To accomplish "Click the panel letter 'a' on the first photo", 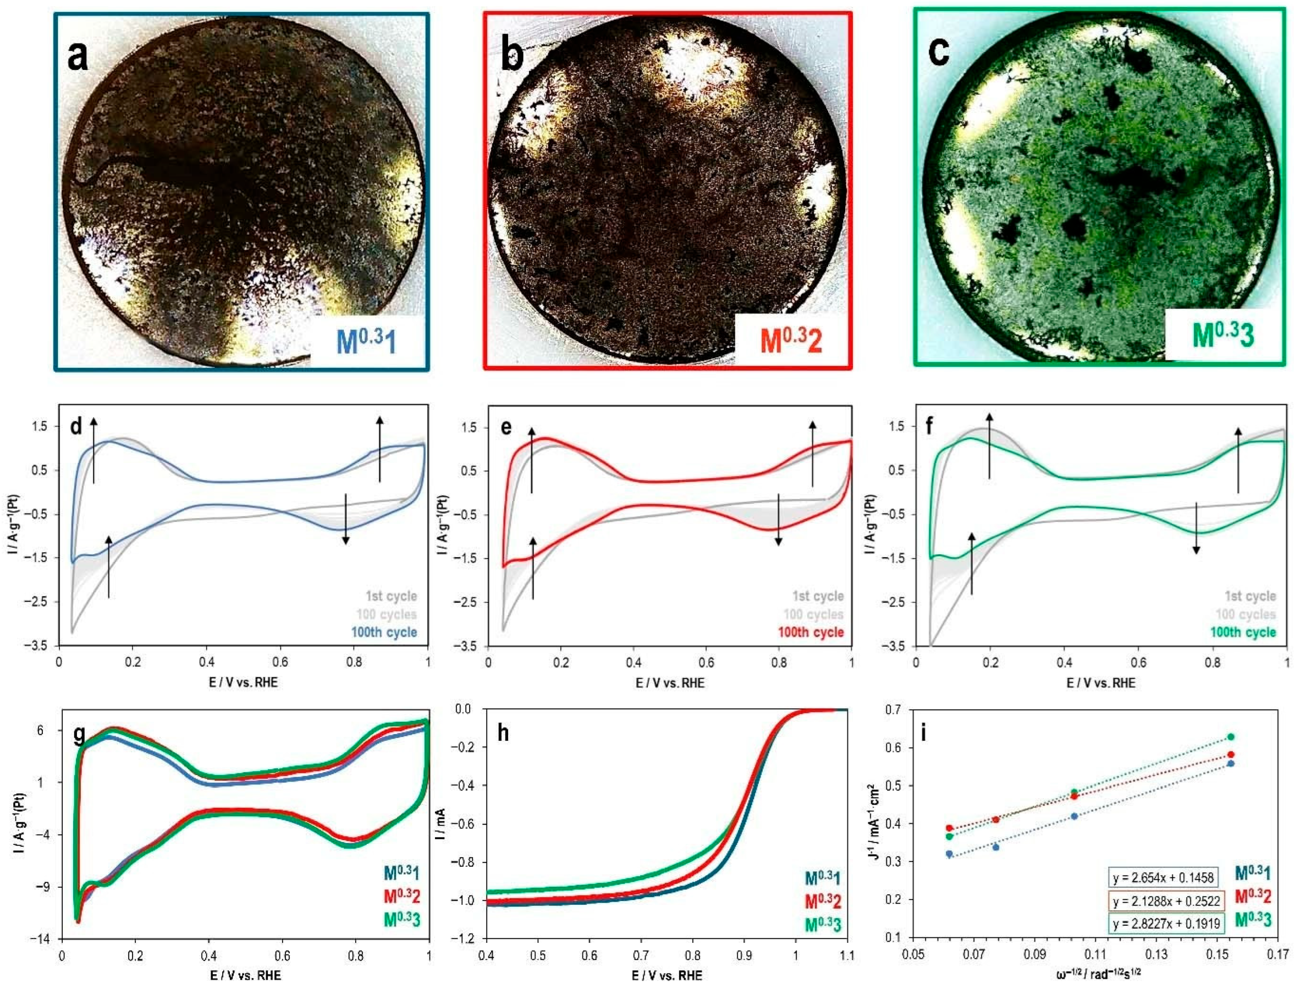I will click(78, 57).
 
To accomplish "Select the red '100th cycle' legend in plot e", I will click(811, 632).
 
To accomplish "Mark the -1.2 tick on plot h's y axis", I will click(467, 939).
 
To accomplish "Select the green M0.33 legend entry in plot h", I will click(823, 925).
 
